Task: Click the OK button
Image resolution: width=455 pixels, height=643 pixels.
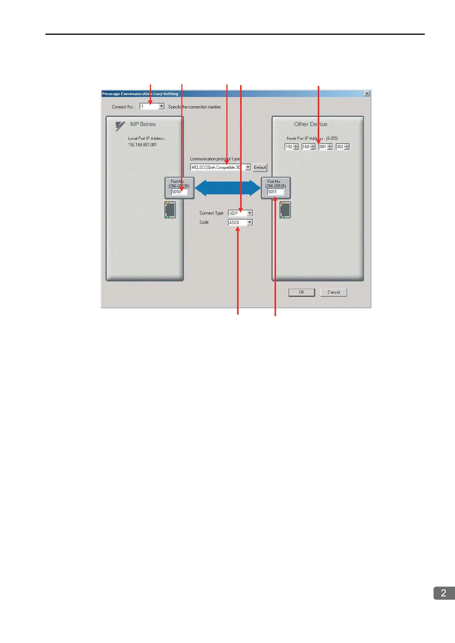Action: pos(302,292)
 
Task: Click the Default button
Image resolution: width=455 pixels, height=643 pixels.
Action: pos(260,167)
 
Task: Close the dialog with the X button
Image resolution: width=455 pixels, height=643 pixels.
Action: pos(367,94)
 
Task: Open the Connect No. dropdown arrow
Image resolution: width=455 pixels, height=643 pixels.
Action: pos(161,107)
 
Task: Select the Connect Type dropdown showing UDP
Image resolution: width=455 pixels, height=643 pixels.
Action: pos(240,213)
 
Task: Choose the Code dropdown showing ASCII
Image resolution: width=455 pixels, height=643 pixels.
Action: pos(240,222)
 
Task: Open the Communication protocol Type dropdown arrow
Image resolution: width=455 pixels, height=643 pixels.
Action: pos(248,167)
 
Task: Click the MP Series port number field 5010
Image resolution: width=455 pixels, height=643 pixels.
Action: pos(179,192)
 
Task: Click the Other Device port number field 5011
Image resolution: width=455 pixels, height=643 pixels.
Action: pos(275,192)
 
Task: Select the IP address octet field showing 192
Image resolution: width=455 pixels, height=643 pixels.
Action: pos(289,147)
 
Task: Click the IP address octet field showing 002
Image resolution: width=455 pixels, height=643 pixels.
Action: pos(340,147)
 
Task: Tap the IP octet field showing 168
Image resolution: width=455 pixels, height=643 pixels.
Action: pos(306,147)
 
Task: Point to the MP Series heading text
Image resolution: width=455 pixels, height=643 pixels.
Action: pos(143,124)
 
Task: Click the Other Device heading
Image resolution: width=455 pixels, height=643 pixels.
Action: pos(310,124)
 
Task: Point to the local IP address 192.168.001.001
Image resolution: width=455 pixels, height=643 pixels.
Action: pos(142,145)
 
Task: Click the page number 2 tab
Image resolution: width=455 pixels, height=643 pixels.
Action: pos(444,593)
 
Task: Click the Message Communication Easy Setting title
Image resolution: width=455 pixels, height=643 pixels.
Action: pos(140,94)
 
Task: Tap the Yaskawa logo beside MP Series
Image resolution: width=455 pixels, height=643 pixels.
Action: pos(120,126)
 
